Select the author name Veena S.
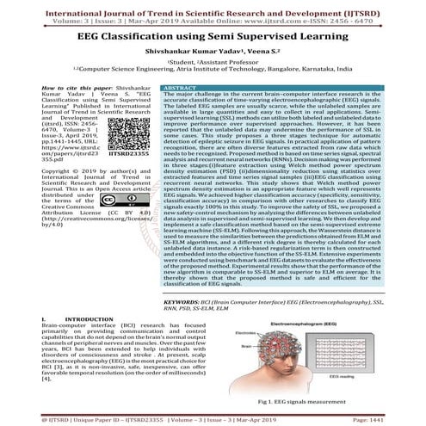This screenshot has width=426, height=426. click(x=257, y=52)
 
